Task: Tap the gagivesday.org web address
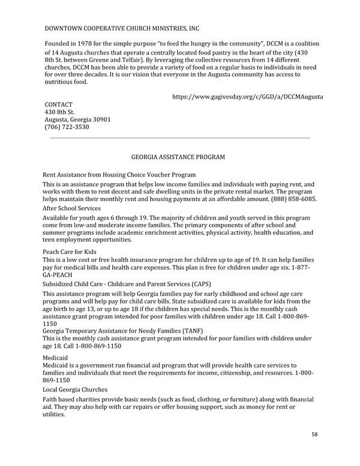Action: tap(248, 96)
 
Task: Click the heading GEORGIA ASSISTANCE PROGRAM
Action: tap(178, 157)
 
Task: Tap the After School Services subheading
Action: tap(71, 208)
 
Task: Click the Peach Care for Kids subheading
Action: tap(70, 252)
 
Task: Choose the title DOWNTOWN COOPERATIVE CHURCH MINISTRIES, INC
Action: tap(122, 28)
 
